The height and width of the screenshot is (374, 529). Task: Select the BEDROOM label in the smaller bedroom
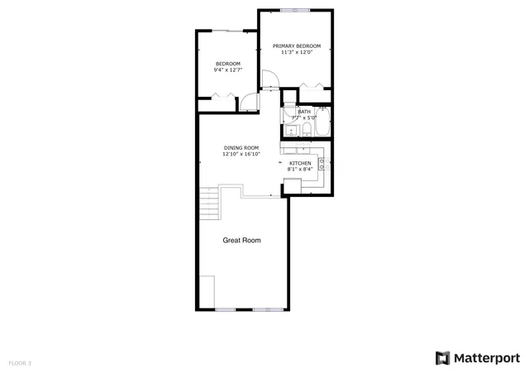pos(228,64)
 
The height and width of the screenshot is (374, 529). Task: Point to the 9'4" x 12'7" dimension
pos(228,71)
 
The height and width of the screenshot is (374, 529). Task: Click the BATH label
pos(304,112)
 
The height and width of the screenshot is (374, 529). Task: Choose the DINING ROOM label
pos(241,147)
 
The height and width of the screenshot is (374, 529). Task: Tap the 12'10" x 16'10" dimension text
pos(241,154)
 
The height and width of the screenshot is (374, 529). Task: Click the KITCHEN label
pos(300,163)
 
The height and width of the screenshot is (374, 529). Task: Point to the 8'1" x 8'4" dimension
pos(300,170)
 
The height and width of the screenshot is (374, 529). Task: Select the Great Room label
pos(242,241)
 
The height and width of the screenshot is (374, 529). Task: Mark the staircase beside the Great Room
pos(209,203)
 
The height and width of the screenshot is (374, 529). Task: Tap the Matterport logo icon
pos(443,357)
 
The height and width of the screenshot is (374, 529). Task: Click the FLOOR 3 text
pos(21,362)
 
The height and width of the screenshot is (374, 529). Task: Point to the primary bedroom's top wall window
pos(295,10)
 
